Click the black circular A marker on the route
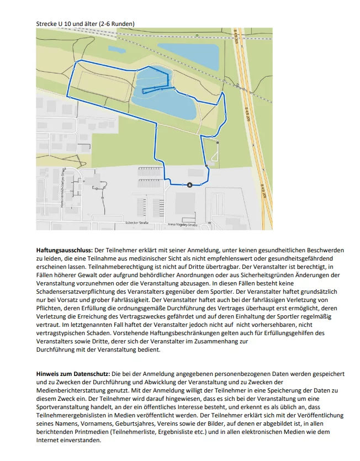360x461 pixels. tap(190, 185)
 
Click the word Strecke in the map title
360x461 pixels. tap(46, 24)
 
